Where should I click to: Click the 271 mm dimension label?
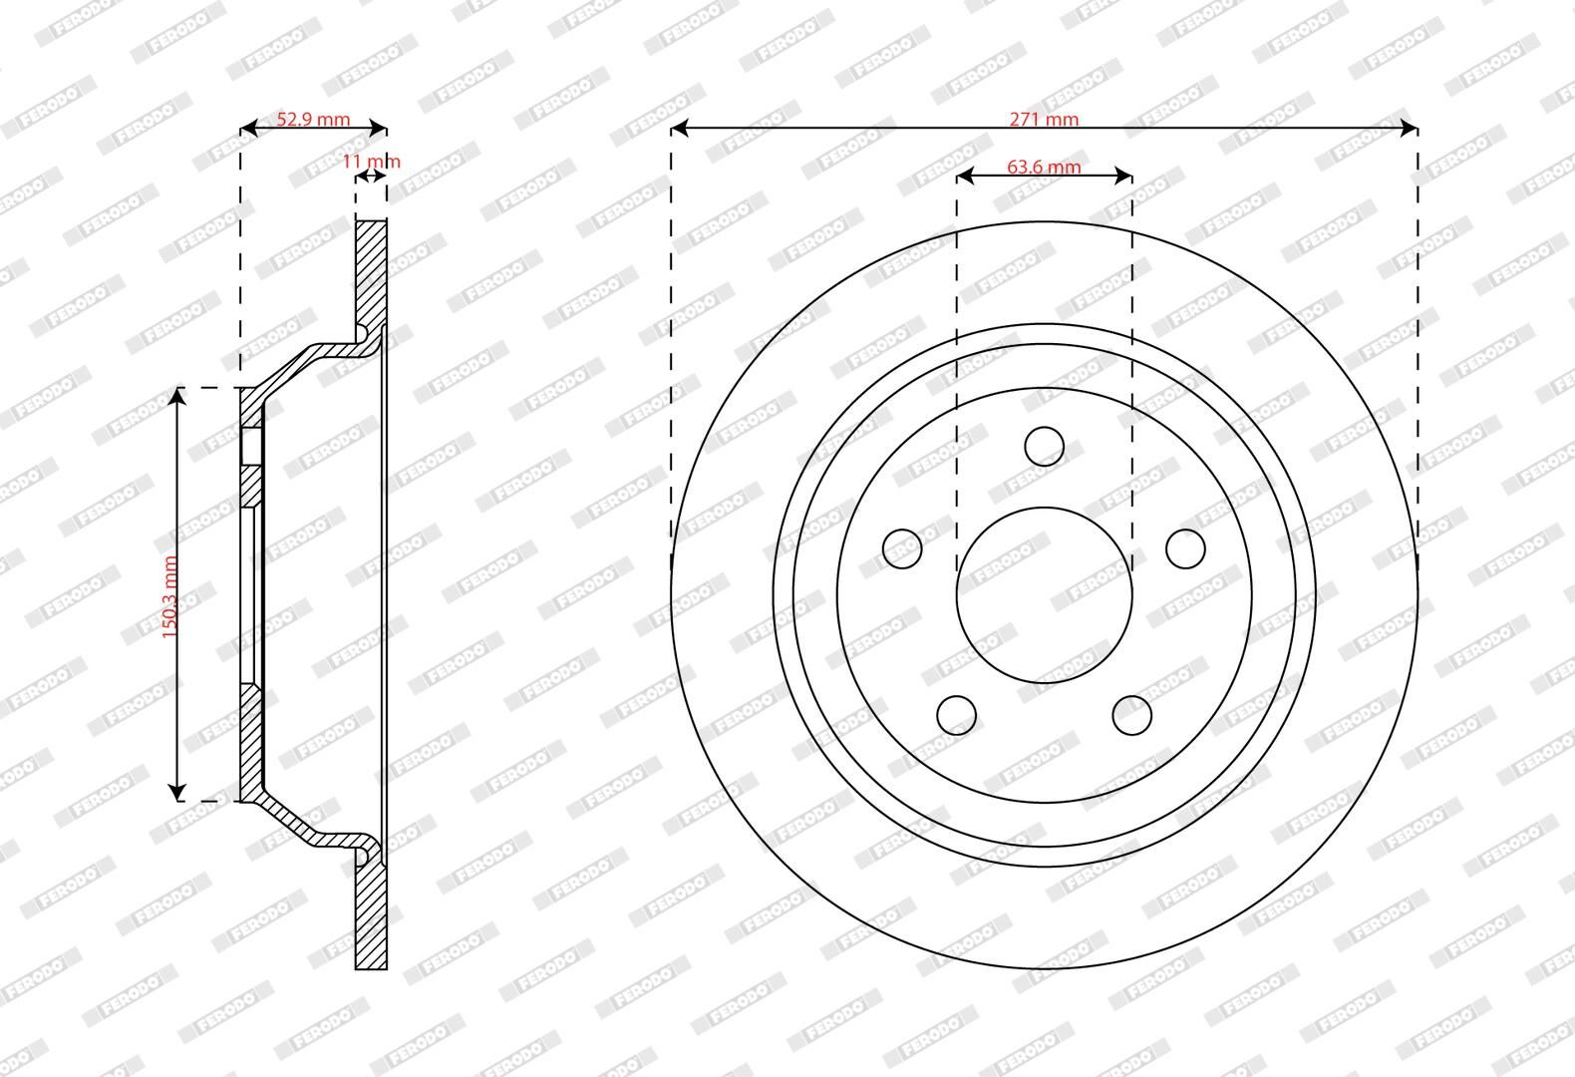click(x=1044, y=119)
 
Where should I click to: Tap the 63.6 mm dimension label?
click(x=1044, y=167)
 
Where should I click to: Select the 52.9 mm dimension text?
click(x=313, y=119)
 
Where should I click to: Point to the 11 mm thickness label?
click(x=371, y=162)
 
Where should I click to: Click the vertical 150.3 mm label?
click(x=169, y=596)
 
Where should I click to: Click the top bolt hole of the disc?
click(x=1044, y=446)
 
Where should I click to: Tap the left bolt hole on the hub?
click(x=902, y=548)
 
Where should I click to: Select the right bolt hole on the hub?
click(x=1185, y=548)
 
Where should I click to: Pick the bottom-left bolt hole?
click(x=956, y=715)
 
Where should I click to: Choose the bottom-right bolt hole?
click(x=1132, y=715)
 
